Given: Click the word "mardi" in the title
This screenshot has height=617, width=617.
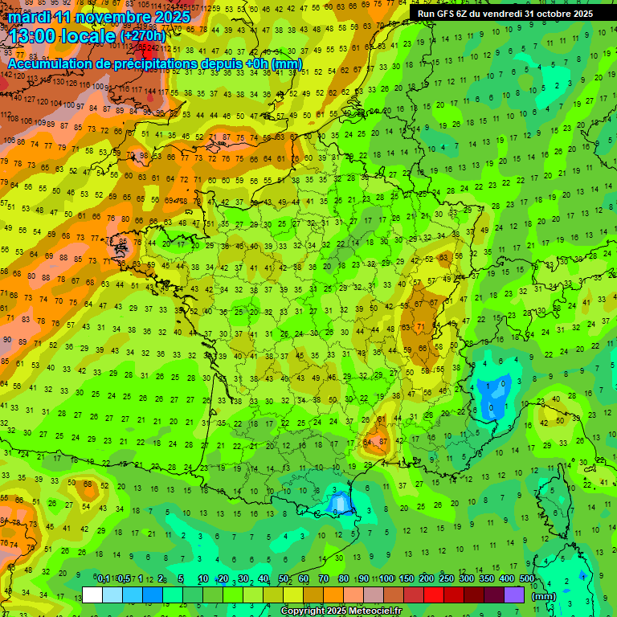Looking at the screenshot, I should click(x=30, y=16).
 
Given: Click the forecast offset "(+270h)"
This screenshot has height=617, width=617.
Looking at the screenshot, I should click(x=143, y=36).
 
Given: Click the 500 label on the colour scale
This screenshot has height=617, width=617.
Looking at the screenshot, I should click(x=527, y=578).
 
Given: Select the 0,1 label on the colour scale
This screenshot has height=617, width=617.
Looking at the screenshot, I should click(x=104, y=578).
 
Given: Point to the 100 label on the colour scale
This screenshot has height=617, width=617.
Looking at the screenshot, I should click(x=386, y=578).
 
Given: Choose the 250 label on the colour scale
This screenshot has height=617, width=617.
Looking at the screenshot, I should click(x=447, y=578).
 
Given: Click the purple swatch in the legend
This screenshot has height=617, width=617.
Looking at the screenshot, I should click(x=514, y=595).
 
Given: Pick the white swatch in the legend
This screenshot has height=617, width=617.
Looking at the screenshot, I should click(x=92, y=595).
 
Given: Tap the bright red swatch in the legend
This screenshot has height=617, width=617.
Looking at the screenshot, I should click(x=434, y=595).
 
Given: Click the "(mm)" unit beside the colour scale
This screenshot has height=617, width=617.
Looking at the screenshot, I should click(x=544, y=596).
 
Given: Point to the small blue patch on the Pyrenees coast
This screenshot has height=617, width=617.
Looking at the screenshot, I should click(x=339, y=504).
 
